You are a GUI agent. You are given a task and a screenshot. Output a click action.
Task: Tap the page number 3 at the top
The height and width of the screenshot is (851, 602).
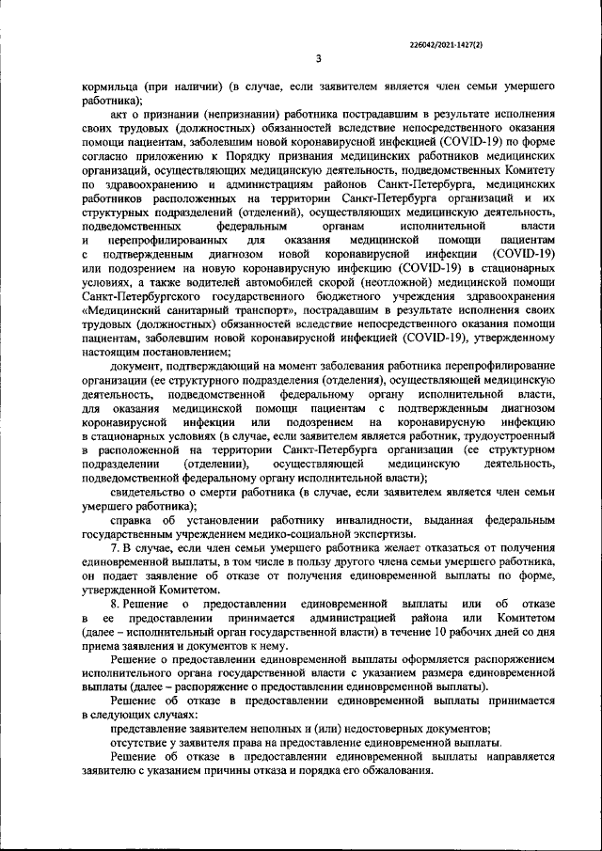319,60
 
